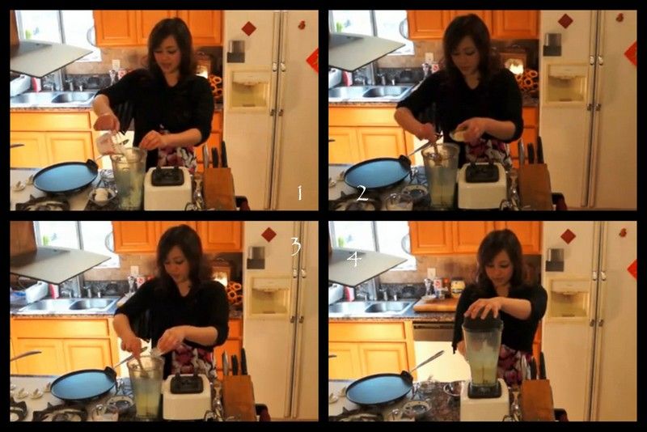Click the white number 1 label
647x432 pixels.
300,193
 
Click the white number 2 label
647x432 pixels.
362,193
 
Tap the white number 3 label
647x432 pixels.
296,246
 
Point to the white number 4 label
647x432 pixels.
354,259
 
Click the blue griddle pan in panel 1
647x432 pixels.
66,176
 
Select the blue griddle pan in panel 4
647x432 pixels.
379,388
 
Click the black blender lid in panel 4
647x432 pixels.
482,321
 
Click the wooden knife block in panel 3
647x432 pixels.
238,397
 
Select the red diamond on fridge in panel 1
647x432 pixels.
249,28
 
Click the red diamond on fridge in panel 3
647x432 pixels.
269,235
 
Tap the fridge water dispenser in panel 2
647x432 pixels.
567,84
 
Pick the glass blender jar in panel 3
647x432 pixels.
146,387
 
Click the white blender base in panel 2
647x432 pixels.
482,186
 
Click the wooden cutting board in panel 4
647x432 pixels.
435,304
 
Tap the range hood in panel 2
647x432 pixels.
366,50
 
